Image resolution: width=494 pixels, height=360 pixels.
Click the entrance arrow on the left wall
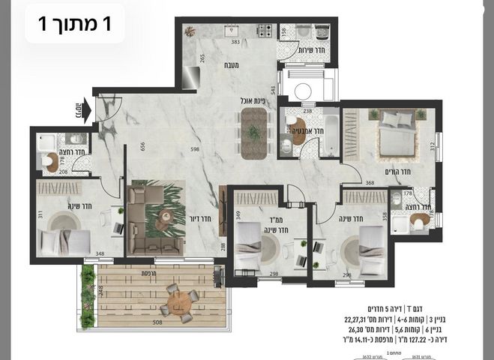(x=80, y=111)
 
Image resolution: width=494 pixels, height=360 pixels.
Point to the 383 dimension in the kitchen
(x=235, y=42)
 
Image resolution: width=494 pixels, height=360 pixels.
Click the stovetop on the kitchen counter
(x=264, y=31)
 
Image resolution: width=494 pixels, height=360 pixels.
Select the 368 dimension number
(x=370, y=182)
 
